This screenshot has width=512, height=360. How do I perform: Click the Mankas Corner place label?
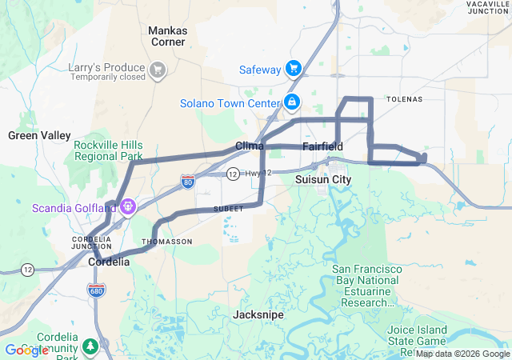coord(167,36)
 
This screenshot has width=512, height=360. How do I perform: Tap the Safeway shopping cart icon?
coord(294,70)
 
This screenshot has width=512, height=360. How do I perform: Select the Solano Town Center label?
coord(228,103)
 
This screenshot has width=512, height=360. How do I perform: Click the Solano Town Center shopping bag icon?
coord(292,102)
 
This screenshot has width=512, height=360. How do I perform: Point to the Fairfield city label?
coord(323,146)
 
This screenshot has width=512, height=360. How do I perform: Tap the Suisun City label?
coord(323,180)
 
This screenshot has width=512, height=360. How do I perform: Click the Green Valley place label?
coord(39,135)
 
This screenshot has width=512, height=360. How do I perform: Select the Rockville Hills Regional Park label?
coord(108,150)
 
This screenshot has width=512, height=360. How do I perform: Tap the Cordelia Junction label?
coord(91,243)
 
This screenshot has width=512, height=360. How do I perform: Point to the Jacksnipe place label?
coord(258,315)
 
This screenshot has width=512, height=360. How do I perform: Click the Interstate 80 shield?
coord(187,181)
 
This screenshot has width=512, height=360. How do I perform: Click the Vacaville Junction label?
coord(488,8)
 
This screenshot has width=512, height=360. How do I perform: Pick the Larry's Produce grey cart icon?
coord(158,70)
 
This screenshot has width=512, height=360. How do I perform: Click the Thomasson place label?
coord(166,241)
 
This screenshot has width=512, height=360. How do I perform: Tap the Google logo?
coord(26,350)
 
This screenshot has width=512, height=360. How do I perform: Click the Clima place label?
coord(250,146)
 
